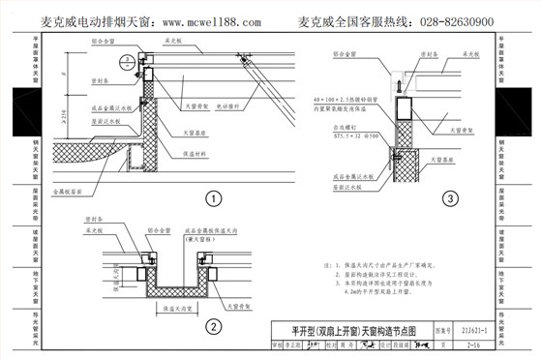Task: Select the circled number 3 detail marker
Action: click(448, 199)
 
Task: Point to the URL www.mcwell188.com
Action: click(214, 21)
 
